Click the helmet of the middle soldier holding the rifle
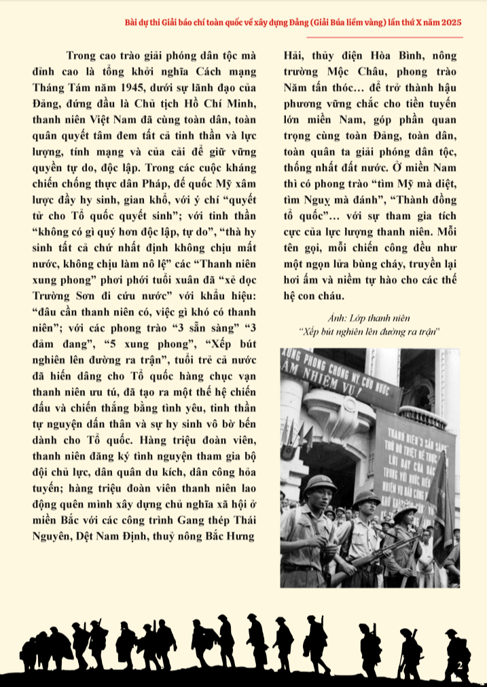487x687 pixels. pyautogui.click(x=366, y=498)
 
